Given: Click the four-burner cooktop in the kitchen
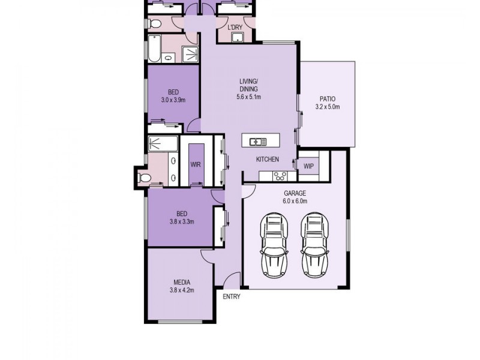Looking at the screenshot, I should click(x=280, y=176).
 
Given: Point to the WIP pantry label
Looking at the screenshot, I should click(x=308, y=166).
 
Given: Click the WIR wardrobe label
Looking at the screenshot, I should click(x=195, y=164).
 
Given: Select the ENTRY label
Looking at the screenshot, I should click(x=231, y=297).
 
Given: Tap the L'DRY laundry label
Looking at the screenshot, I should click(x=234, y=28).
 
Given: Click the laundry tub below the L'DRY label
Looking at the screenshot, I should click(x=237, y=38).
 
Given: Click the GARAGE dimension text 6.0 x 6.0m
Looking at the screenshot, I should click(x=295, y=201).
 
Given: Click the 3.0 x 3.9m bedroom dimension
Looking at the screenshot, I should click(x=173, y=100).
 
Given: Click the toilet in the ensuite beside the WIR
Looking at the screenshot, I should click(x=142, y=177).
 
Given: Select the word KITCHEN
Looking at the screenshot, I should click(x=267, y=160).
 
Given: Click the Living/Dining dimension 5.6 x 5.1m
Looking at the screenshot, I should click(x=248, y=97).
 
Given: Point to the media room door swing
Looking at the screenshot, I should click(x=206, y=256).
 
